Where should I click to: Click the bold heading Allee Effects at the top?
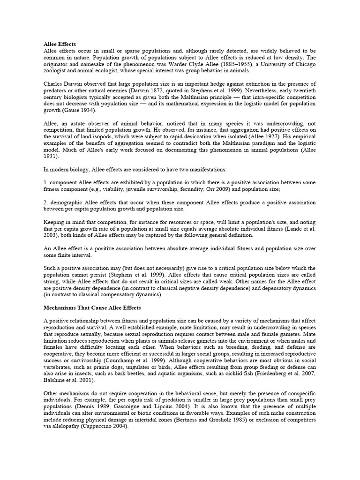(60, 44)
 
